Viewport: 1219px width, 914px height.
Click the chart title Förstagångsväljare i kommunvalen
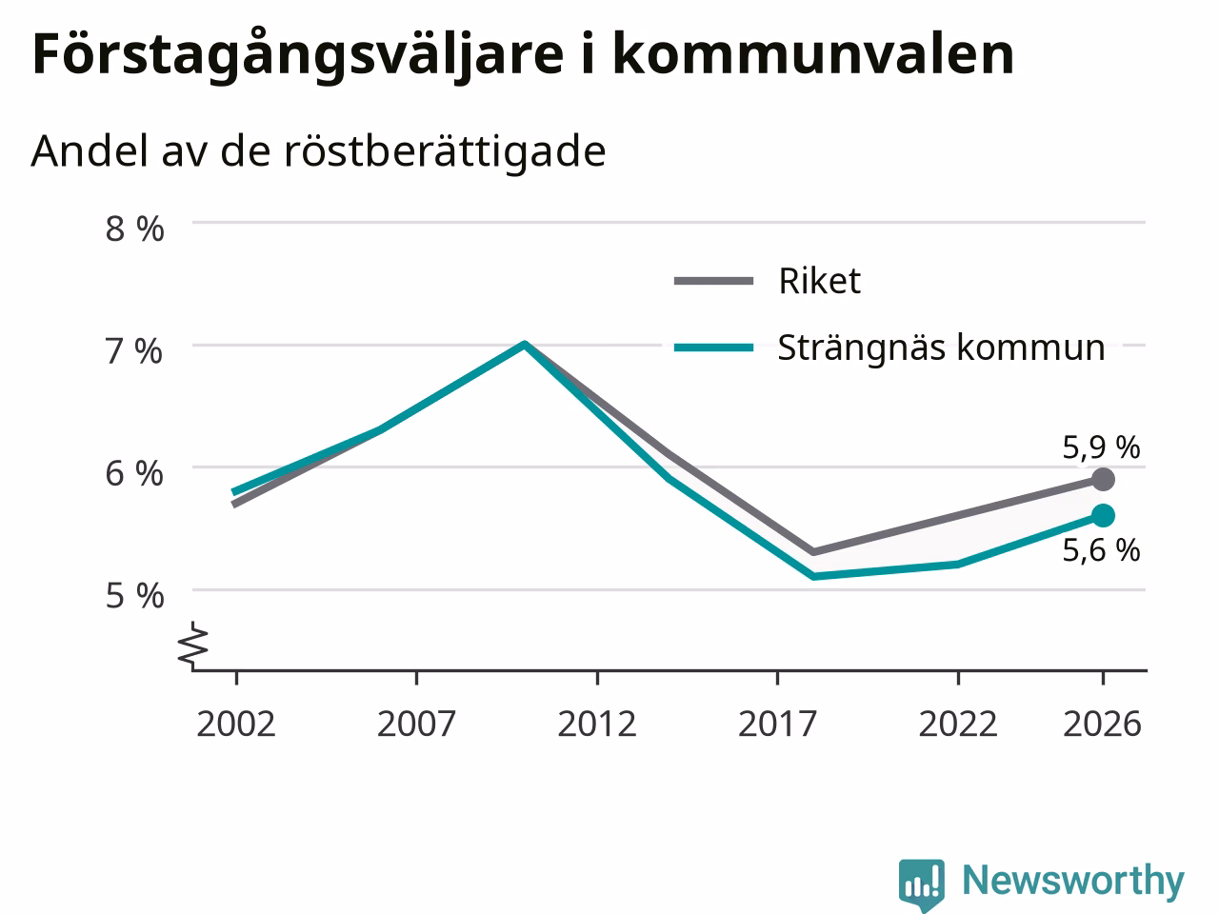523,55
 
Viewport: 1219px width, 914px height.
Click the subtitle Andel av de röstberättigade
318,150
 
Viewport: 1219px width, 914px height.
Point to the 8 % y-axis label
135,228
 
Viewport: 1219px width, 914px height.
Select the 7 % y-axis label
134,351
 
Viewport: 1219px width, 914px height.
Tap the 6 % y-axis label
134,474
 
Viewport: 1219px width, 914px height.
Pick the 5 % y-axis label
135,597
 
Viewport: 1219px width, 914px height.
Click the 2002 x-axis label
236,724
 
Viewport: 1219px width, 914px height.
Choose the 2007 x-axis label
416,724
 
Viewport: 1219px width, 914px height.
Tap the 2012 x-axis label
597,724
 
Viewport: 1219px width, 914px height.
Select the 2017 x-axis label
777,724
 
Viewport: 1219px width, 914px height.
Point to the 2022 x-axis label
958,724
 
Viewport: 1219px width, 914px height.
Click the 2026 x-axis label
1103,724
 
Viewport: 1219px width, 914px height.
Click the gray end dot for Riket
1104,480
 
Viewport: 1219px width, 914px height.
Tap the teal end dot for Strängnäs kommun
1104,515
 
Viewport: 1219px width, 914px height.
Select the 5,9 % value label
1101,447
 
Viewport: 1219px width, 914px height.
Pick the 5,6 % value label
1101,550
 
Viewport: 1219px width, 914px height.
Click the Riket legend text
820,281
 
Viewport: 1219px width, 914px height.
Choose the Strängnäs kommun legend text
942,348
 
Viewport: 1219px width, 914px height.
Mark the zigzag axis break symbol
193,644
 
